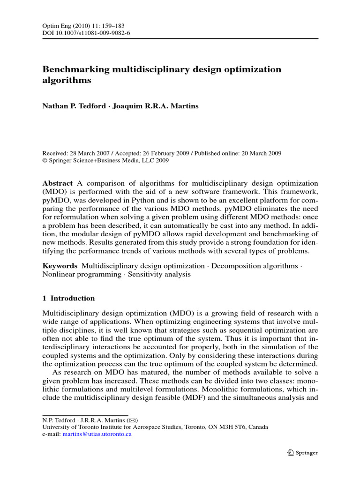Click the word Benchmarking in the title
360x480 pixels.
pyautogui.click(x=75, y=69)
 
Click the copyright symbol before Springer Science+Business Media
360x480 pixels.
pyautogui.click(x=45, y=160)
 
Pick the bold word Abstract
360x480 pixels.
pyautogui.click(x=58, y=183)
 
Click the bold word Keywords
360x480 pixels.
pyautogui.click(x=60, y=266)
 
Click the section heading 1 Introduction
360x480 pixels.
pyautogui.click(x=68, y=298)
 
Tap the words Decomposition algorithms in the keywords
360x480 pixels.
pyautogui.click(x=255, y=266)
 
